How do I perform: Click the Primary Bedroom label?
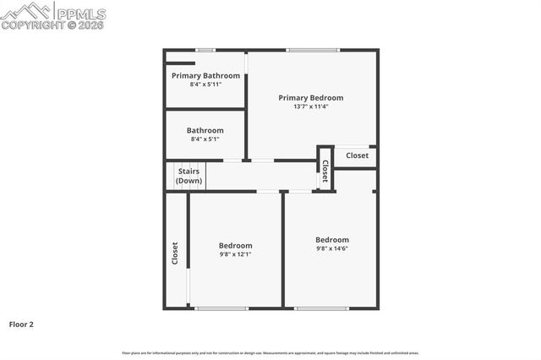[311, 98]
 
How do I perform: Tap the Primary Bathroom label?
[205, 76]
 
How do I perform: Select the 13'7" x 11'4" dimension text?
[311, 107]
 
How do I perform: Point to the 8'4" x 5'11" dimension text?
[205, 85]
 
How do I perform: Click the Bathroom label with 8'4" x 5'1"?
[205, 130]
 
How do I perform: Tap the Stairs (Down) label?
[189, 177]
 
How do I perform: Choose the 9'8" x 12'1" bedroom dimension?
[236, 254]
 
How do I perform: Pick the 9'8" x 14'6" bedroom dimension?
[332, 248]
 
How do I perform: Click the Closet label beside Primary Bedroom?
[357, 155]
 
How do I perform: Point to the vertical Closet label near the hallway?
[325, 171]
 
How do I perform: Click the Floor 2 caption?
[21, 324]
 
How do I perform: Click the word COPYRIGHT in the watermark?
[29, 25]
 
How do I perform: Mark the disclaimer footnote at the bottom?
[270, 353]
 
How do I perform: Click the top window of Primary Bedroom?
[313, 50]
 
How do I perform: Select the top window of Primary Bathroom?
[205, 50]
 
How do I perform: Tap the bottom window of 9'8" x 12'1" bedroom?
[221, 308]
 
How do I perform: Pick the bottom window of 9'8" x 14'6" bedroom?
[321, 308]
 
